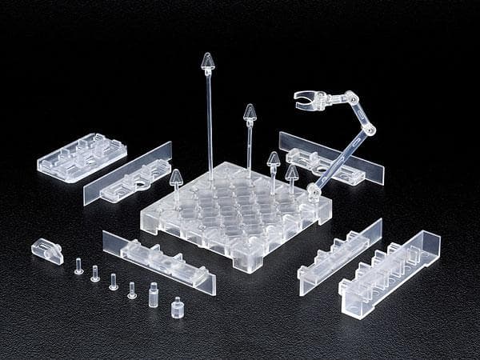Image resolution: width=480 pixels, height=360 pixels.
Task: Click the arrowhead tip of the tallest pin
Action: click(x=208, y=61)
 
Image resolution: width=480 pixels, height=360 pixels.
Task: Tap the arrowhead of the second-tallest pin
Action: click(x=250, y=112)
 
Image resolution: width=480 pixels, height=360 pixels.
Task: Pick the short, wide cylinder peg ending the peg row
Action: click(x=177, y=307)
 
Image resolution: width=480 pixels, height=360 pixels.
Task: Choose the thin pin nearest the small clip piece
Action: click(x=78, y=266)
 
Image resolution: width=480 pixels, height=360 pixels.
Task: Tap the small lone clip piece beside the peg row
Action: click(x=47, y=250)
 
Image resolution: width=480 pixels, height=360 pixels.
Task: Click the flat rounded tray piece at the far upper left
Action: click(x=82, y=157)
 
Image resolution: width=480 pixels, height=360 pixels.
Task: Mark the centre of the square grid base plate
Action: click(x=236, y=211)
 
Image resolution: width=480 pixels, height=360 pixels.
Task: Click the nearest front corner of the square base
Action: click(x=250, y=265)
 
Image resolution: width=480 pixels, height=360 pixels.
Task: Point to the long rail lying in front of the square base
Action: click(x=158, y=262)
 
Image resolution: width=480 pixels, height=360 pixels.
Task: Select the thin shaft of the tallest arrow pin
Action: click(x=210, y=120)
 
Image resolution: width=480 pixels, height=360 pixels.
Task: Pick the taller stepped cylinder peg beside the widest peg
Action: click(x=154, y=294)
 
